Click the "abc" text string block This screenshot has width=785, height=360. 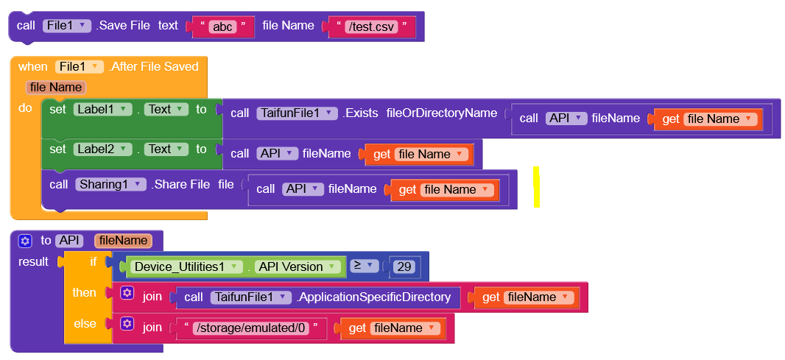click(222, 27)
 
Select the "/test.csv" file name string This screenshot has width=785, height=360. click(371, 27)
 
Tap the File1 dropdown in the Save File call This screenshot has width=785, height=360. click(67, 25)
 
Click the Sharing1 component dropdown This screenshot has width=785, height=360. click(110, 184)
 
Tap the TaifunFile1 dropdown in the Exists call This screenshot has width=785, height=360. click(298, 113)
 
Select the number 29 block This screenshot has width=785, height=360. click(404, 267)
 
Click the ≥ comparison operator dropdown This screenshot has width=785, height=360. click(364, 266)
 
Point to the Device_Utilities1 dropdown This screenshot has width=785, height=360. click(186, 267)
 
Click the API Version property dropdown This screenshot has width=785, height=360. click(295, 267)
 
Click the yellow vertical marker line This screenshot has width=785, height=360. click(537, 187)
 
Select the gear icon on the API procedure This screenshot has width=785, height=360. click(25, 240)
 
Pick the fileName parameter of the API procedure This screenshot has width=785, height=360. click(123, 240)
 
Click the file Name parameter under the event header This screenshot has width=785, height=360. click(56, 87)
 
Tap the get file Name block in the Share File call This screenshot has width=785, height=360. click(444, 190)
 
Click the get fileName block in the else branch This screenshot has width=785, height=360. click(390, 328)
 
